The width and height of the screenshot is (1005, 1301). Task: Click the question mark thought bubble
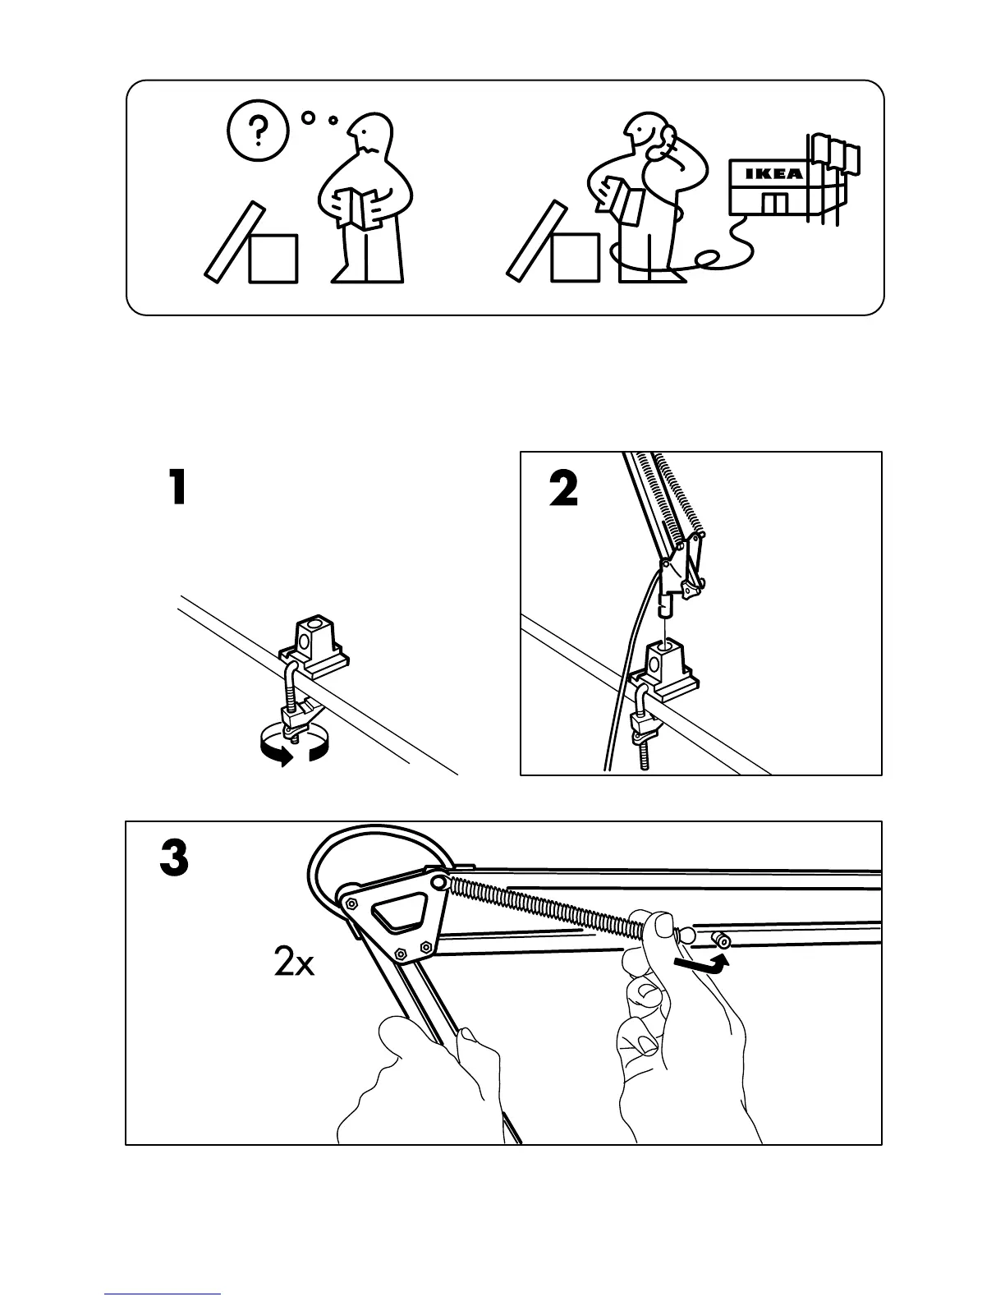[x=259, y=130]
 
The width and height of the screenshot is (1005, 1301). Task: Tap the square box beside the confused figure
[x=273, y=259]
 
